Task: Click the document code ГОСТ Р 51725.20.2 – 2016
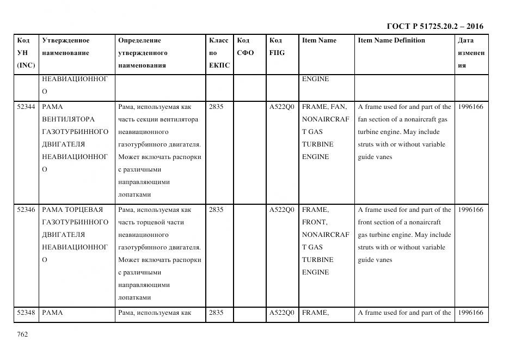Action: pyautogui.click(x=434, y=26)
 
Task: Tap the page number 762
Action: pyautogui.click(x=22, y=334)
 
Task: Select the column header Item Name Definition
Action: pyautogui.click(x=391, y=40)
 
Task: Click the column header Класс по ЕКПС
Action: pyautogui.click(x=219, y=53)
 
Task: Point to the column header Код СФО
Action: pyautogui.click(x=246, y=47)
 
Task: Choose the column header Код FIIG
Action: pyautogui.click(x=277, y=47)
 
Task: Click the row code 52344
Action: pyautogui.click(x=26, y=107)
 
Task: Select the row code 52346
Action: pyautogui.click(x=26, y=210)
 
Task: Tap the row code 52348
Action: pyautogui.click(x=26, y=313)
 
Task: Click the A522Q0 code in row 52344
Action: pyautogui.click(x=281, y=107)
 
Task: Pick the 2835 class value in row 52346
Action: pyautogui.click(x=216, y=210)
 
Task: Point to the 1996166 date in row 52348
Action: pyautogui.click(x=470, y=313)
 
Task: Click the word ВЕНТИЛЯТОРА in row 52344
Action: pyautogui.click(x=68, y=119)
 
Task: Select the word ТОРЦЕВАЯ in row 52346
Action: pyautogui.click(x=87, y=210)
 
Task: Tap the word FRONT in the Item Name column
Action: pyautogui.click(x=314, y=222)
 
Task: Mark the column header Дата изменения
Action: pyautogui.click(x=471, y=53)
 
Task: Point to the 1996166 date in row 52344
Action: pyautogui.click(x=470, y=107)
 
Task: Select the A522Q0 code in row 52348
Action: pyautogui.click(x=281, y=313)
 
